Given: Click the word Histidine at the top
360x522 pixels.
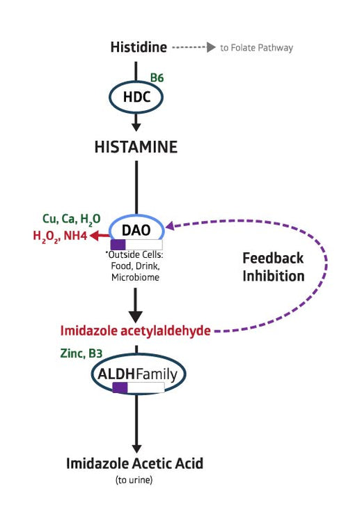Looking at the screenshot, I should (139, 47).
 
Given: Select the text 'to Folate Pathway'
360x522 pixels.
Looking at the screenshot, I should (256, 48).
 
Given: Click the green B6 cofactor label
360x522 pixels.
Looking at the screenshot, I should (157, 77).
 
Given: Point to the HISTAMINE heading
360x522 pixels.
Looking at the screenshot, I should (136, 147).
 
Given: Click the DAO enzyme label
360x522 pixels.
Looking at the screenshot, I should (136, 229).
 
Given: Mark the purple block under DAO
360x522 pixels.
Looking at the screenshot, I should (118, 245).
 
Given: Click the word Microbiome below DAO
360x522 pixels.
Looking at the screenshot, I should (136, 277).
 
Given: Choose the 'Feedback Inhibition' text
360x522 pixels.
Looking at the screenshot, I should (273, 267).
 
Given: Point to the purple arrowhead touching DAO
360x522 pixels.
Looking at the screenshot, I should (169, 226).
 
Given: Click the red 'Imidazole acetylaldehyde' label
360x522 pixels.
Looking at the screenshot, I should (135, 330).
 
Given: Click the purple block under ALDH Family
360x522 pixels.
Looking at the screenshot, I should (120, 387).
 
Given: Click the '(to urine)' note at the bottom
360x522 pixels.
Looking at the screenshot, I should (136, 480).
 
